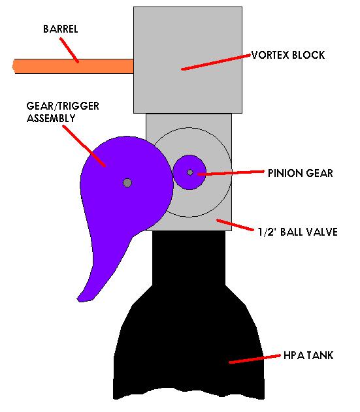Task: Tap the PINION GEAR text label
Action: click(x=300, y=173)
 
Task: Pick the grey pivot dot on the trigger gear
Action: click(x=127, y=182)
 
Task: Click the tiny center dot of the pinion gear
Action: click(x=189, y=172)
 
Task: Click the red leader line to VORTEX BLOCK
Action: click(x=216, y=61)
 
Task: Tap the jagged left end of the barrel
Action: click(x=15, y=65)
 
